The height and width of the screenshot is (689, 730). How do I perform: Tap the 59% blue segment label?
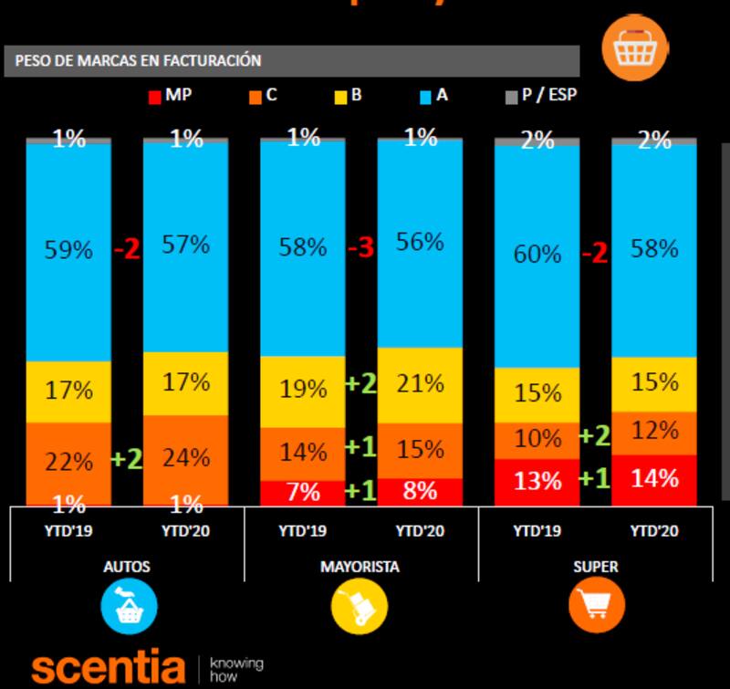pyautogui.click(x=69, y=249)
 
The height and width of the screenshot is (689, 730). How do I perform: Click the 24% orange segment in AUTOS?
pyautogui.click(x=186, y=457)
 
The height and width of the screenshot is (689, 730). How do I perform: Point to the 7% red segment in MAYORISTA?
pyautogui.click(x=303, y=492)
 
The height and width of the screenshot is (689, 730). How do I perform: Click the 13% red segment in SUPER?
pyautogui.click(x=537, y=481)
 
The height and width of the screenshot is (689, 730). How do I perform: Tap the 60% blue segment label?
pyautogui.click(x=537, y=253)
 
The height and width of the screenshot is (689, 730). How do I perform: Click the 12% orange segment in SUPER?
pyautogui.click(x=654, y=431)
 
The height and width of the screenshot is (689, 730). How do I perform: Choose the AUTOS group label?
pyautogui.click(x=127, y=567)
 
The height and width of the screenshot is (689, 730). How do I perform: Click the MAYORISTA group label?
pyautogui.click(x=360, y=567)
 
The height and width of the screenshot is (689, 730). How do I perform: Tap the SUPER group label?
pyautogui.click(x=595, y=567)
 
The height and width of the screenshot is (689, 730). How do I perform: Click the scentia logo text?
pyautogui.click(x=109, y=667)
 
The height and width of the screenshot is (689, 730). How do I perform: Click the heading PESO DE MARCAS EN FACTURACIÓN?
pyautogui.click(x=139, y=61)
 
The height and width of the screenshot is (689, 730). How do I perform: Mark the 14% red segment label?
pyautogui.click(x=654, y=477)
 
